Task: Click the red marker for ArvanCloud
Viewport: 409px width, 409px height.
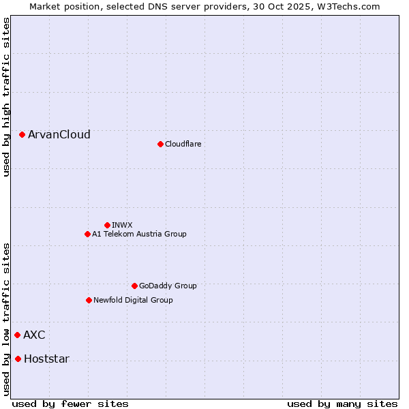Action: point(22,135)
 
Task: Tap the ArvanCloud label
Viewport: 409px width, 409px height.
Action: point(59,135)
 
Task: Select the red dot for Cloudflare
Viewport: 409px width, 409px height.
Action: point(160,144)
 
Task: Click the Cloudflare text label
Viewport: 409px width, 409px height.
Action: point(183,144)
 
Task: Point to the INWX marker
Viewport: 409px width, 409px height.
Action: point(107,225)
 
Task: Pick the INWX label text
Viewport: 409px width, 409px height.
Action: point(122,225)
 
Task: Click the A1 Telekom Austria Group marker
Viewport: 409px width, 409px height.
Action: point(87,234)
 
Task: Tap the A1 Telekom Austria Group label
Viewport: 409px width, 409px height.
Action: point(139,234)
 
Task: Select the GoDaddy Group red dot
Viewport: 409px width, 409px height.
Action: point(134,286)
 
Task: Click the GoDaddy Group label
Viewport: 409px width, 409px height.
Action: point(168,286)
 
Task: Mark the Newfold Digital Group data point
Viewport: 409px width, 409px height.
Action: point(89,300)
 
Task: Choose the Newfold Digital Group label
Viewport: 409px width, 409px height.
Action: point(133,300)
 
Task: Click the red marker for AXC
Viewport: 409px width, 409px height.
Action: point(17,335)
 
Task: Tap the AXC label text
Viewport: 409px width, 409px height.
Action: point(35,335)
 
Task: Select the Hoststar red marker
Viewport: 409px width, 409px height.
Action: point(18,359)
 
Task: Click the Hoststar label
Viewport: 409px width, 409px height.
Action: point(46,359)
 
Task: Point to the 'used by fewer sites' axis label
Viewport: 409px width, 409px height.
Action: point(70,404)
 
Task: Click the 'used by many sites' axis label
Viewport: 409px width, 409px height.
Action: point(342,404)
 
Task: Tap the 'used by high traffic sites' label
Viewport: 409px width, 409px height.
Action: point(6,97)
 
